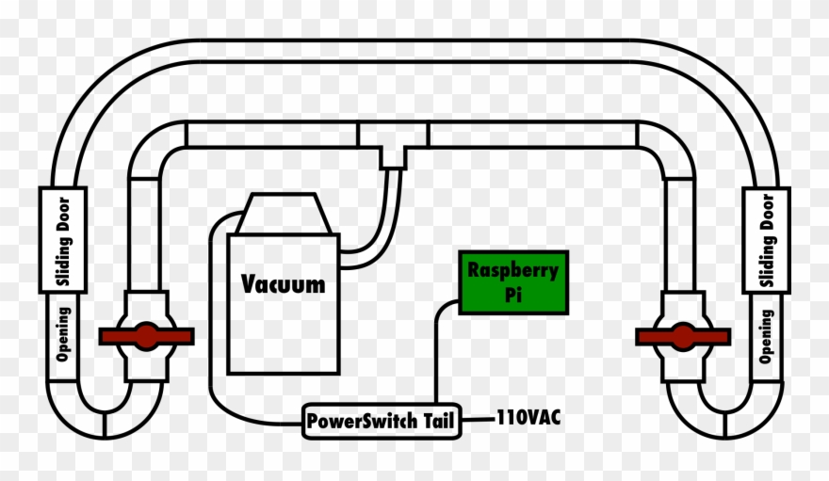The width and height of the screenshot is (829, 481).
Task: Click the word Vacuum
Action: [283, 283]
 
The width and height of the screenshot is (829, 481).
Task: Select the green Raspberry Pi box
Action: [513, 282]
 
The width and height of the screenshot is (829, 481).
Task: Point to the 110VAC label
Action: [528, 417]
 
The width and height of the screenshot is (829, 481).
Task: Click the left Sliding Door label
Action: [63, 239]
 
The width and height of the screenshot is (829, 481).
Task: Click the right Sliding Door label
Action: [766, 239]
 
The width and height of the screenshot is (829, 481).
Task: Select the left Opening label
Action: [63, 334]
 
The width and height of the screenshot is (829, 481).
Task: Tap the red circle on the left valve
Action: [146, 336]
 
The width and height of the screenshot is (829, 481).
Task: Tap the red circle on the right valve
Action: [683, 336]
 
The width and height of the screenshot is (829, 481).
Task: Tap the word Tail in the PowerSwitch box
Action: [436, 421]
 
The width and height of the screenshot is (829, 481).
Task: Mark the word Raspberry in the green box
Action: [513, 271]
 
